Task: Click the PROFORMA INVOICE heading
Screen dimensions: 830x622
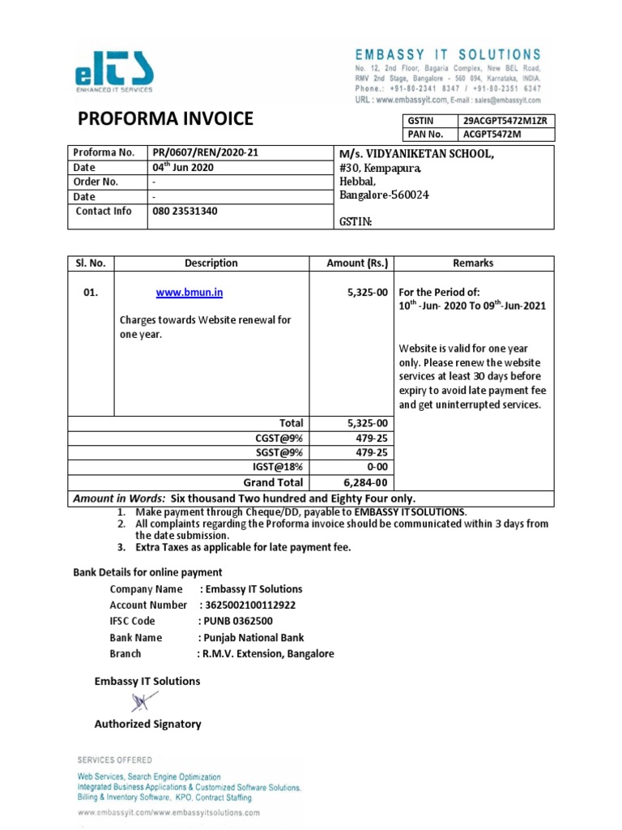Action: (x=165, y=120)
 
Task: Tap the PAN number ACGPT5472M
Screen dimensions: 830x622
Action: (x=492, y=135)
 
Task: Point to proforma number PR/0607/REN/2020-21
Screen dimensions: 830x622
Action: (x=207, y=152)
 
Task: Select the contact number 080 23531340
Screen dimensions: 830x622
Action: (x=185, y=211)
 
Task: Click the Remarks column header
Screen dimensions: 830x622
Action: (x=474, y=263)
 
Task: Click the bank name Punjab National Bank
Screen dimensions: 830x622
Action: (x=252, y=637)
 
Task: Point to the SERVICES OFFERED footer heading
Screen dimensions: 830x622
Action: (x=114, y=759)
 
